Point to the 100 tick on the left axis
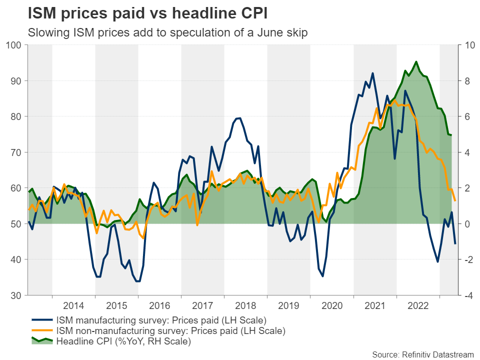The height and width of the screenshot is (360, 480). (16, 45)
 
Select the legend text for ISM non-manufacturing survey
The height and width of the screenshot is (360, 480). (170, 330)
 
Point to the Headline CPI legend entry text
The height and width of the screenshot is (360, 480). (123, 341)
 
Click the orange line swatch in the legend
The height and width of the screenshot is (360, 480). (42, 330)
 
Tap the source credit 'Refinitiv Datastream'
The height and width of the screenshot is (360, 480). (424, 353)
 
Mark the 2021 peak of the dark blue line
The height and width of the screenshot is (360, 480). (372, 73)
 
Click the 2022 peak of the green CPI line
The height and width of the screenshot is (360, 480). (416, 61)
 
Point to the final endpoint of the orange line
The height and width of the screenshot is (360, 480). (455, 201)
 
